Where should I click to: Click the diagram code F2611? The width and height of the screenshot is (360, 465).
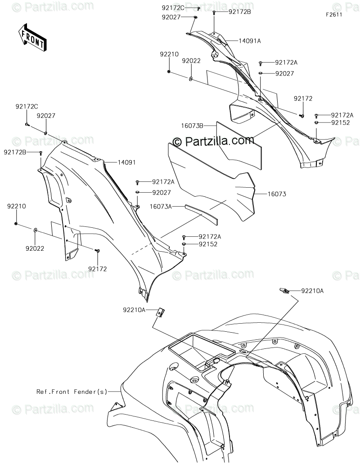(x=334, y=14)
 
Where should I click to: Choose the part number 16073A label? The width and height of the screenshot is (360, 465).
(x=162, y=207)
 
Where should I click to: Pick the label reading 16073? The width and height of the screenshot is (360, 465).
(x=277, y=194)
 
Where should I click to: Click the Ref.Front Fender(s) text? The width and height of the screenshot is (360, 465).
(x=72, y=392)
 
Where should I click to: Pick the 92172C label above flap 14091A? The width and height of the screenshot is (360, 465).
(x=173, y=8)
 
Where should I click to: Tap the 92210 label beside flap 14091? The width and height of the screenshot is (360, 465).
(x=16, y=206)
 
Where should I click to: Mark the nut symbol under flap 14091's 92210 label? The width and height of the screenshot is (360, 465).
(x=16, y=223)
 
